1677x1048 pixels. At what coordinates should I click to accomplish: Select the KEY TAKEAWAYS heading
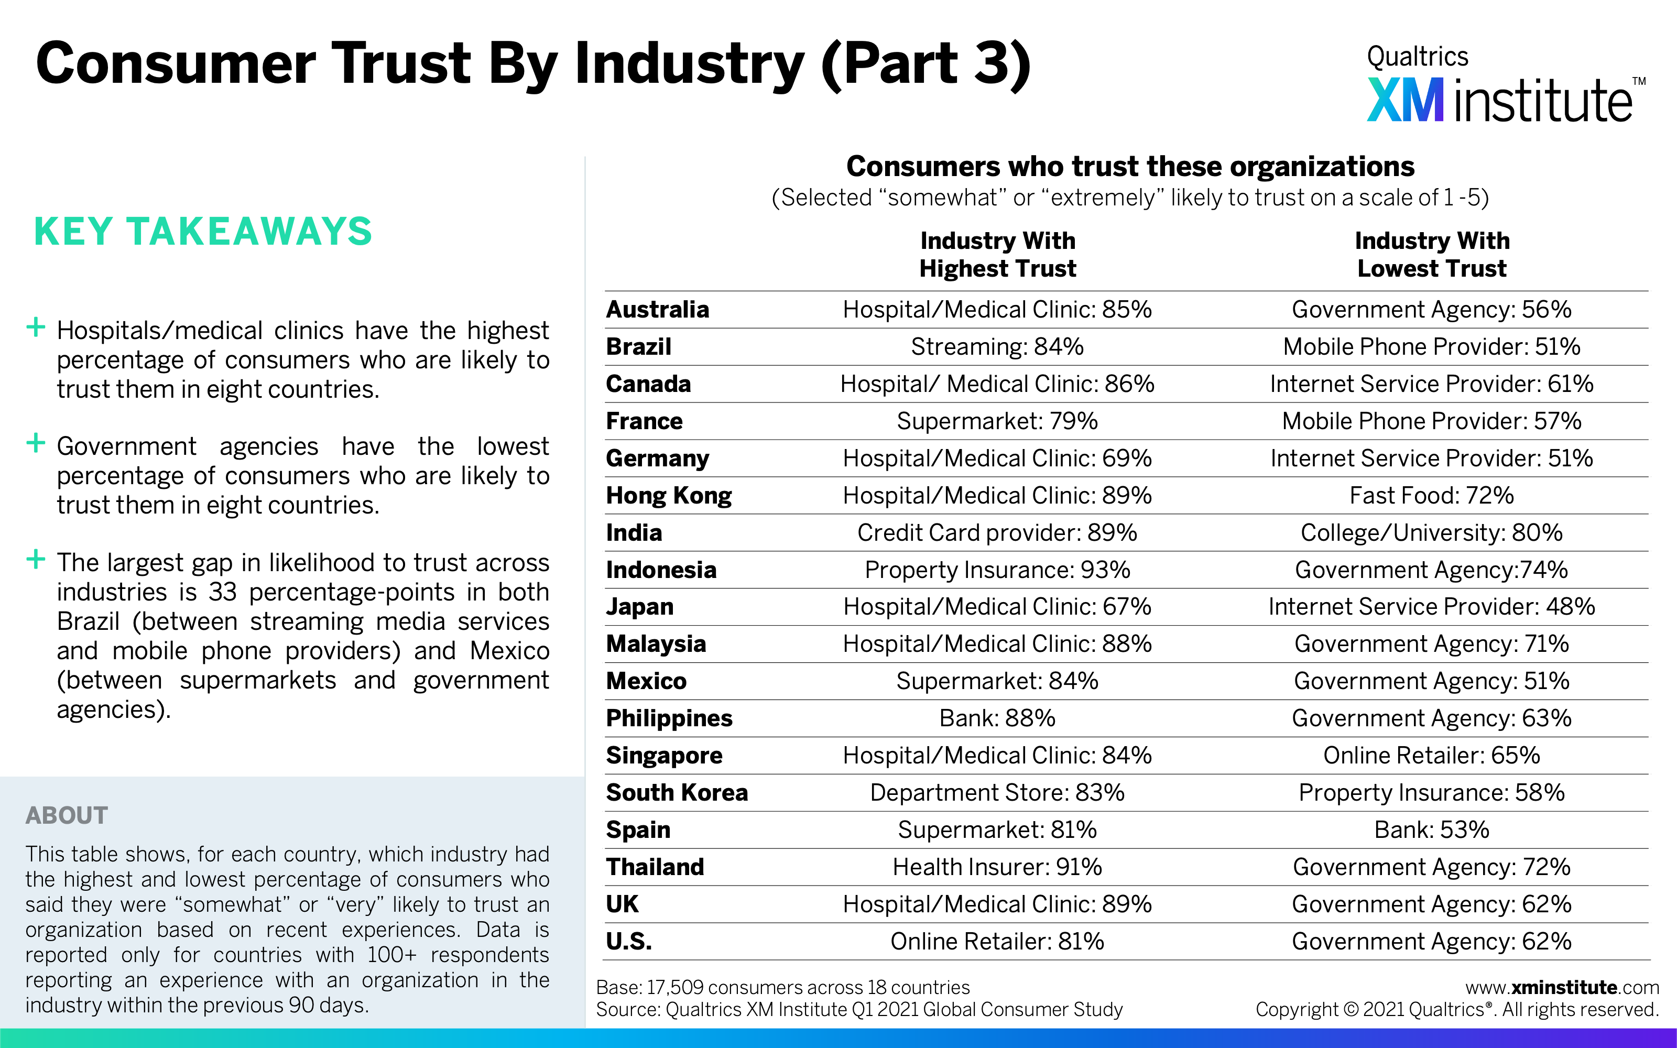point(203,232)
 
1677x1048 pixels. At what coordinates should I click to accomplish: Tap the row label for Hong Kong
point(669,496)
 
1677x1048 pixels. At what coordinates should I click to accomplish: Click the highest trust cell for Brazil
point(997,346)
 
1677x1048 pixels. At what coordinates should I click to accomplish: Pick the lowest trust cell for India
point(1431,532)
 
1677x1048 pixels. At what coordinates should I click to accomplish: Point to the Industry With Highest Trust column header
point(997,254)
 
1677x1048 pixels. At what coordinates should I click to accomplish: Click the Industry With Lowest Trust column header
point(1432,254)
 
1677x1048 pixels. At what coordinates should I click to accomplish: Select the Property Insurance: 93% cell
point(997,570)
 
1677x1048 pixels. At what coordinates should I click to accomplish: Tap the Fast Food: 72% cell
point(1431,496)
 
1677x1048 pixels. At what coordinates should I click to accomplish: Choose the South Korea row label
point(677,792)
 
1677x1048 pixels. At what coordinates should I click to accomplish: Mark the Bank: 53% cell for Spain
point(1431,829)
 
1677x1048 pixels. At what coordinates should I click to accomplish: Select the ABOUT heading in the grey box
point(67,815)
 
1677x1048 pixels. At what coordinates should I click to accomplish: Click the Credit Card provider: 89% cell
point(997,532)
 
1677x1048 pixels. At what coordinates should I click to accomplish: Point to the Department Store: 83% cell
point(997,792)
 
